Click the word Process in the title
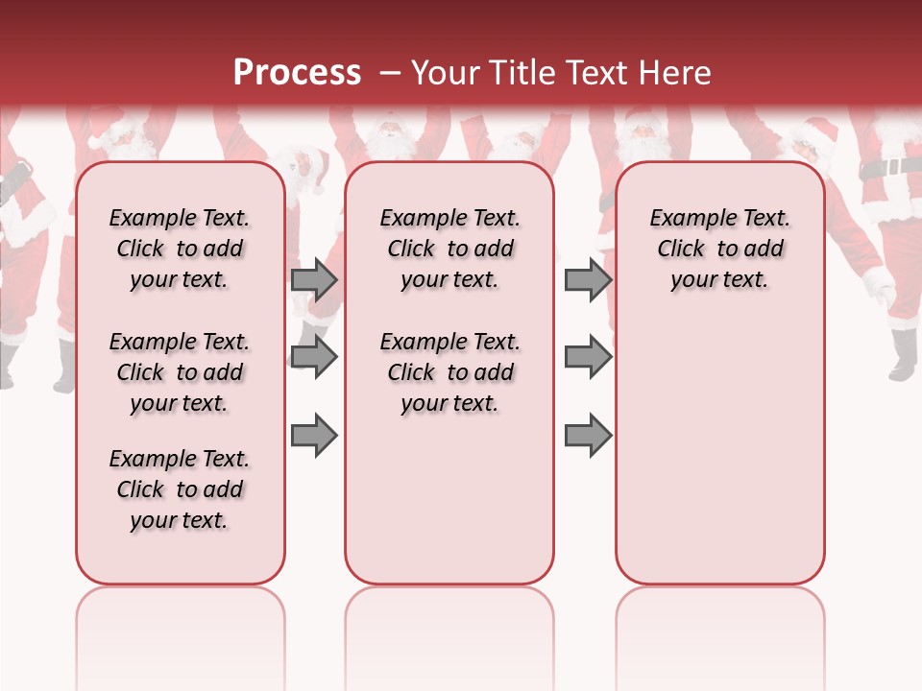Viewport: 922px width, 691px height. pos(297,73)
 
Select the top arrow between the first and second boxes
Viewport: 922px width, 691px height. pos(314,279)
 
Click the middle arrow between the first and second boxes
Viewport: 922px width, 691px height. pos(314,357)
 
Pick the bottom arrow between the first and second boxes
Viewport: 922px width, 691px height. pos(314,436)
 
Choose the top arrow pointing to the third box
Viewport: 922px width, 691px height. pos(588,279)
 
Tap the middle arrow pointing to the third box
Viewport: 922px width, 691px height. pos(588,357)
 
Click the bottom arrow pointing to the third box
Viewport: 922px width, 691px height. pos(588,436)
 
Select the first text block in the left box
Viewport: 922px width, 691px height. pos(180,249)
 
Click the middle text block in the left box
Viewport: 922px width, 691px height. pos(180,372)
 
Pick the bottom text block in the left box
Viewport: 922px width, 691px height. pos(180,489)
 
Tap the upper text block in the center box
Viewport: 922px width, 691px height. pos(449,249)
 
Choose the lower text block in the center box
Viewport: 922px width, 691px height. pos(449,372)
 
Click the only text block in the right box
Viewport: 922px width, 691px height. pos(719,249)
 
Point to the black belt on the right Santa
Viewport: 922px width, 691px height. pos(889,167)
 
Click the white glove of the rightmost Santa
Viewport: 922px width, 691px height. pos(879,284)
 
